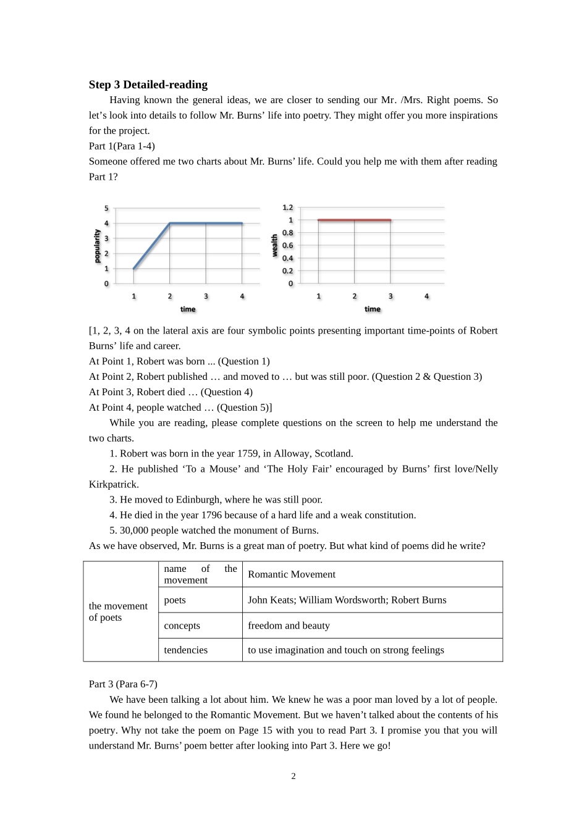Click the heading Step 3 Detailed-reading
[148, 85]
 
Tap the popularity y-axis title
[97, 246]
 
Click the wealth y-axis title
[275, 245]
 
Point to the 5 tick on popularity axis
[106, 208]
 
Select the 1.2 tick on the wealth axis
[287, 207]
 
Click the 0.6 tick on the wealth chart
[287, 245]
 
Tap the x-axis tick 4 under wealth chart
[426, 296]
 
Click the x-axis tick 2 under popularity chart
[170, 296]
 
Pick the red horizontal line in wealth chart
[354, 220]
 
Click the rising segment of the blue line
[152, 246]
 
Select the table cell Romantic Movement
[292, 574]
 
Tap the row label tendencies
[185, 650]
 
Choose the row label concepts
[182, 626]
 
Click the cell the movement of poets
[118, 611]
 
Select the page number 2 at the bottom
[293, 776]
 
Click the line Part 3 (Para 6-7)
[123, 684]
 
